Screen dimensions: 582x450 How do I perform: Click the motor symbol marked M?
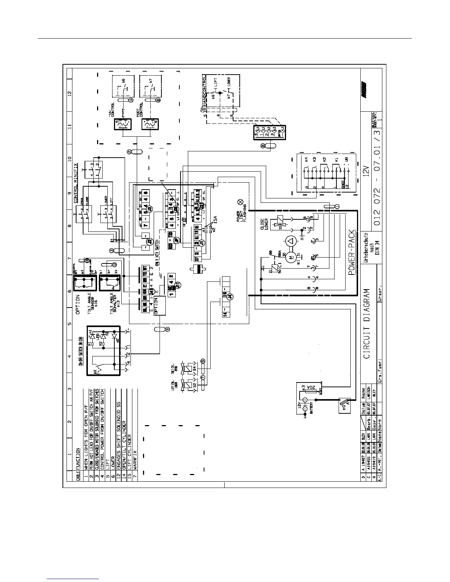(x=291, y=258)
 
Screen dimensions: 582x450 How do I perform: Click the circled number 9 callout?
(x=168, y=330)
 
